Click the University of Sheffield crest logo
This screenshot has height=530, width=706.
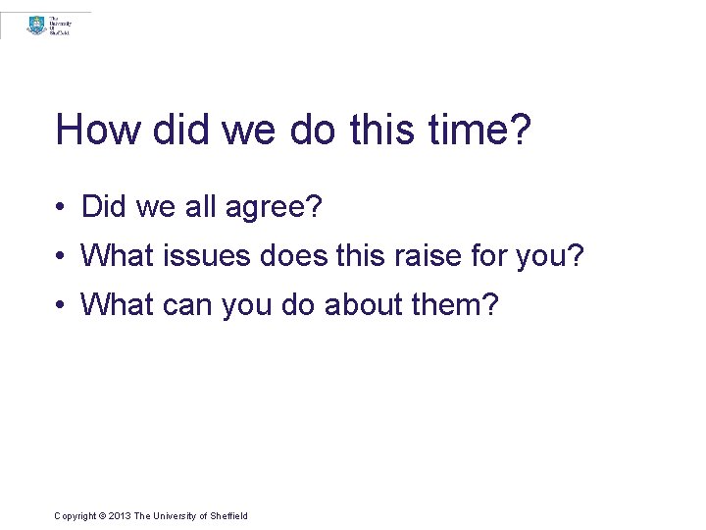coord(37,25)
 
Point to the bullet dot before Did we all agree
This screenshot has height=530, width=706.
coord(61,207)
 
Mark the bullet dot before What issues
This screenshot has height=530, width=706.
coord(61,256)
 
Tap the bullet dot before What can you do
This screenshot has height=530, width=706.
coord(61,305)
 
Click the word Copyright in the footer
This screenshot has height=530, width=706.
coord(76,516)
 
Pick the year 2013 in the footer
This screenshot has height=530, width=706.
coord(120,516)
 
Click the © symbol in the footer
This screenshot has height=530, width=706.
coord(103,516)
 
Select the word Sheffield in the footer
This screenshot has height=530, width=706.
coord(228,516)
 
